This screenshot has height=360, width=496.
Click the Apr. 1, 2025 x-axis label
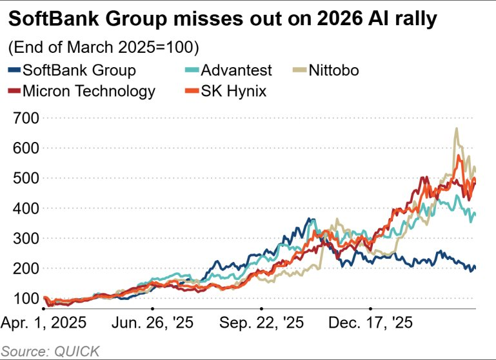click(x=45, y=321)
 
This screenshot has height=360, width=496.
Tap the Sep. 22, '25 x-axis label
click(x=261, y=321)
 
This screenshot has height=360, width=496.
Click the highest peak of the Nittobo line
click(x=457, y=128)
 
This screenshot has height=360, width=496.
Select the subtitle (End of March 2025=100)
click(x=103, y=48)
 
